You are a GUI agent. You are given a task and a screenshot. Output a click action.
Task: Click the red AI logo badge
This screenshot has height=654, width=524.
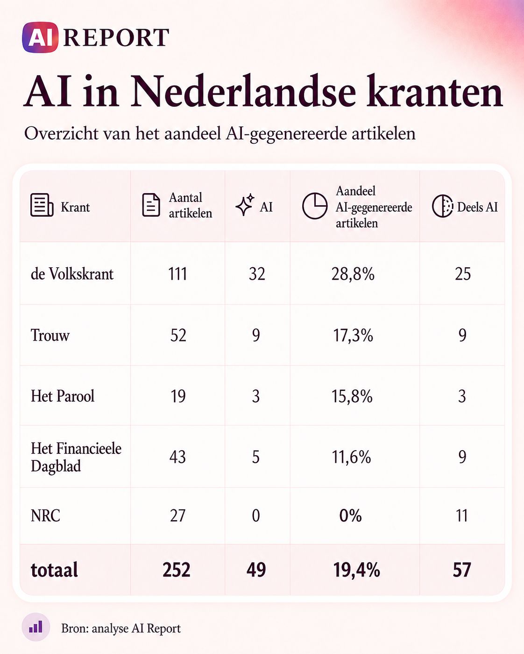click(x=40, y=37)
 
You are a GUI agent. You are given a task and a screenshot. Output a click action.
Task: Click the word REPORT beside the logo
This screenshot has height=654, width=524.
click(x=116, y=38)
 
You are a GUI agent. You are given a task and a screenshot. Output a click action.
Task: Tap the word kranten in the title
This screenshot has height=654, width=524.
click(x=434, y=91)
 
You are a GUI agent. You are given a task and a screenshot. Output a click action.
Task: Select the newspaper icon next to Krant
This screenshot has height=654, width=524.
click(x=42, y=205)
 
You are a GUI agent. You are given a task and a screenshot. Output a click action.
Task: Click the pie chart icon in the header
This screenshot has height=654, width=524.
click(x=315, y=206)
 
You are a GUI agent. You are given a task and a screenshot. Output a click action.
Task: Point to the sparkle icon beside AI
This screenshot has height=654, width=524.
click(x=245, y=204)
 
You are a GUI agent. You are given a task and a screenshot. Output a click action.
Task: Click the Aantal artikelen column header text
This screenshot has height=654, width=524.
click(x=191, y=205)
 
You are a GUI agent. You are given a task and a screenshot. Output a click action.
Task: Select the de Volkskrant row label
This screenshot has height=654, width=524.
click(x=72, y=274)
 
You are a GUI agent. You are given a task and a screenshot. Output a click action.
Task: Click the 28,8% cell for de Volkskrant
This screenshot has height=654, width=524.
click(x=353, y=274)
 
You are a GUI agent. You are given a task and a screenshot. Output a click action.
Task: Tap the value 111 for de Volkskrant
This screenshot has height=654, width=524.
click(x=177, y=274)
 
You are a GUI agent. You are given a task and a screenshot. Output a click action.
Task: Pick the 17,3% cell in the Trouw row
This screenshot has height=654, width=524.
click(x=353, y=335)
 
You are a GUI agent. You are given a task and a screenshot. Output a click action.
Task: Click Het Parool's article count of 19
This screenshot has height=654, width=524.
click(x=178, y=396)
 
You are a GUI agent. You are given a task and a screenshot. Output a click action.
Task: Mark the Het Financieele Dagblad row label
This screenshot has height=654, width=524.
click(x=76, y=457)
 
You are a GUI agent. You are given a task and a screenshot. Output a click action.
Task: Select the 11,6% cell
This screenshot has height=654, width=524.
click(x=352, y=457)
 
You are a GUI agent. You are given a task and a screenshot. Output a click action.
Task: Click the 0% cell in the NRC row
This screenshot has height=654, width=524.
click(x=351, y=515)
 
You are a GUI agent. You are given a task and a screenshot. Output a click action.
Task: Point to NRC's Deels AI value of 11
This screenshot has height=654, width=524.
click(x=462, y=515)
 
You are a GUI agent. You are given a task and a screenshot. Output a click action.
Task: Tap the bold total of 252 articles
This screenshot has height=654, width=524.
click(x=177, y=570)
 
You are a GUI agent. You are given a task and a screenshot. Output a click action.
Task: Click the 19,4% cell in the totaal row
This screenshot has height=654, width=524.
click(x=357, y=570)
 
